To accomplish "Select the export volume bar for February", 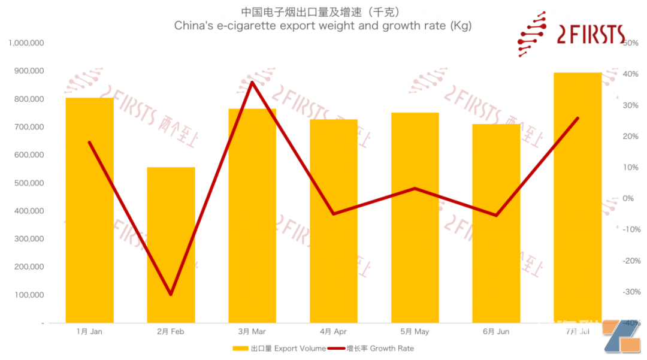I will tap(171, 246).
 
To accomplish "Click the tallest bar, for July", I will tap(578, 198).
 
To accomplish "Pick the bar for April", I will tap(334, 222).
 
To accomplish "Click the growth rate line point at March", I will tap(252, 82).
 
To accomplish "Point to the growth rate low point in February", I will tap(171, 294).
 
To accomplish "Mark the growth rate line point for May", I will tap(415, 188).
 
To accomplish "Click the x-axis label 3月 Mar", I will tap(252, 331).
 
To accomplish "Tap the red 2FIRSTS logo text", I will tap(590, 35).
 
